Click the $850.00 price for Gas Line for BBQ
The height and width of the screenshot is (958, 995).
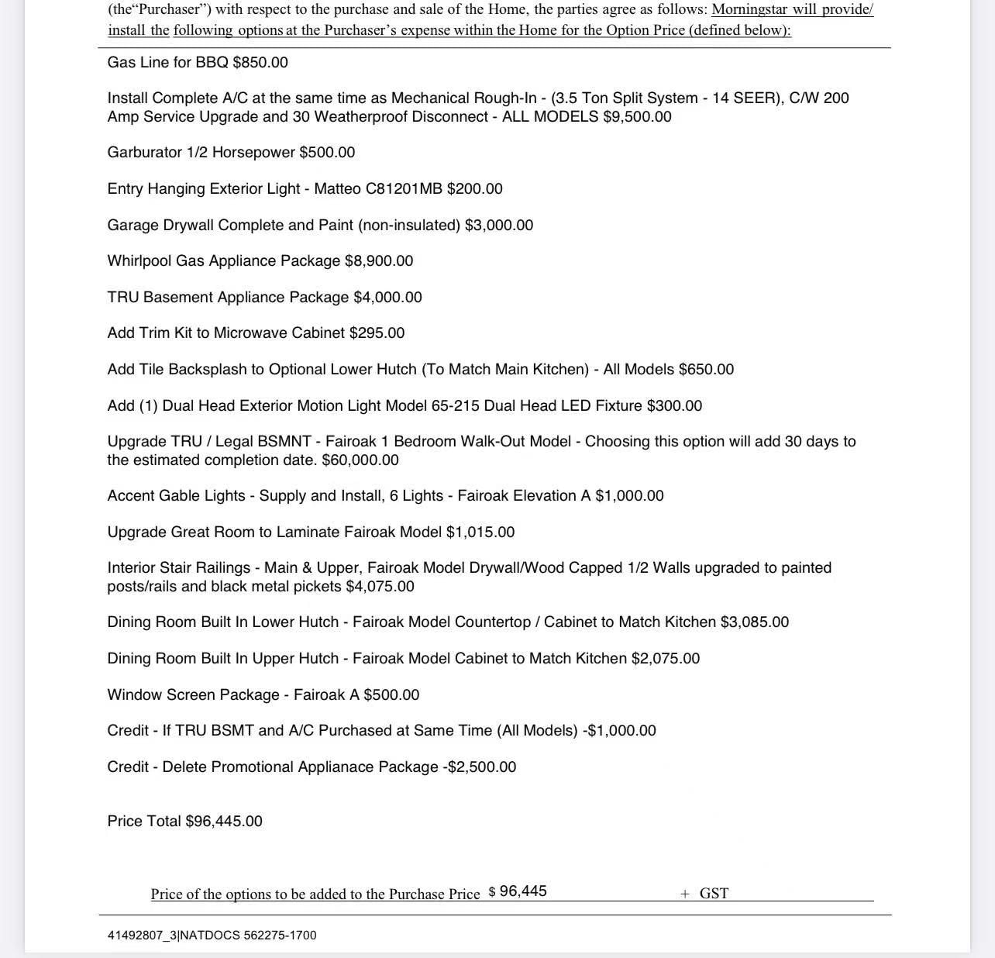click(260, 63)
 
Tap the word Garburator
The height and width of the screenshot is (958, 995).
click(145, 153)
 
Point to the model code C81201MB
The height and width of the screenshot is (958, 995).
click(404, 189)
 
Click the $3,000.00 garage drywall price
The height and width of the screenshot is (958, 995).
click(499, 226)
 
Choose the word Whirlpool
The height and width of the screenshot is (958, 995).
click(139, 261)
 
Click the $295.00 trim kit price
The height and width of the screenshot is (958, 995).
click(377, 333)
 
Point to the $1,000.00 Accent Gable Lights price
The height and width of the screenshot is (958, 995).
click(629, 496)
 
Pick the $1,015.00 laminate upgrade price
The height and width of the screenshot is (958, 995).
click(480, 532)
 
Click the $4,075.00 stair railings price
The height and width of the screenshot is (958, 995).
click(380, 587)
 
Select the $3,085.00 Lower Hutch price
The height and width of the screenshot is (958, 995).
click(755, 622)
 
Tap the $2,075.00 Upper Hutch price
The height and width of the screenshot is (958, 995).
click(666, 659)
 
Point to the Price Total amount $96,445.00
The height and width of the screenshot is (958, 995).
click(224, 822)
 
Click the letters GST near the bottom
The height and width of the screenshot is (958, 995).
click(714, 894)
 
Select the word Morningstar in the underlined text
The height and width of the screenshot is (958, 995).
click(749, 10)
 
